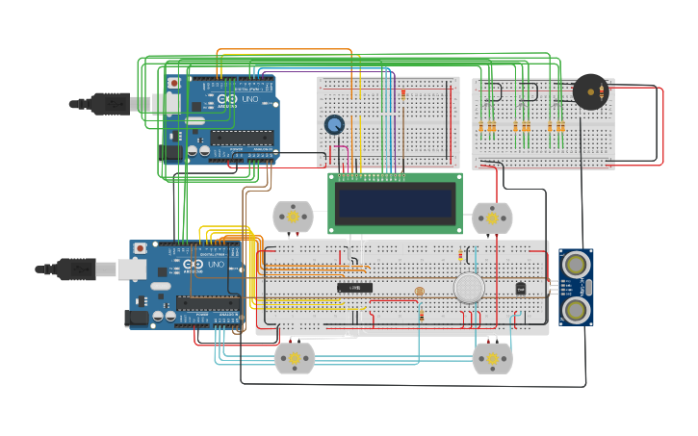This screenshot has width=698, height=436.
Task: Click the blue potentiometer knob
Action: (x=334, y=124)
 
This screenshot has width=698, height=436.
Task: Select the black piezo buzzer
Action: (x=589, y=91)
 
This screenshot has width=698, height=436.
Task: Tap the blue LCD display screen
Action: (x=395, y=203)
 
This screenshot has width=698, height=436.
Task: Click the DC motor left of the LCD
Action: (x=293, y=218)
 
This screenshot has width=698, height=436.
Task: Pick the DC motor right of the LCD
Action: (x=492, y=218)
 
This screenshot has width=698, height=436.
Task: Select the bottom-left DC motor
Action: (x=295, y=358)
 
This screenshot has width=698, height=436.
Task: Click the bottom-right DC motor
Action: (x=492, y=358)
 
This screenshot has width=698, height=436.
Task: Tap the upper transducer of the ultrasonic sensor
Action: (x=577, y=263)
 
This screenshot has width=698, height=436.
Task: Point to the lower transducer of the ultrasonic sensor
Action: (x=577, y=309)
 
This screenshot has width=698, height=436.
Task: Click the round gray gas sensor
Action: (x=469, y=288)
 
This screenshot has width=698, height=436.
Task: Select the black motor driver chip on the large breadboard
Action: (x=354, y=287)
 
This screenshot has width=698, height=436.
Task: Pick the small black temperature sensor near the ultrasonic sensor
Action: (x=521, y=288)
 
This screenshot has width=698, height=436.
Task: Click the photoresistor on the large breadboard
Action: (x=419, y=291)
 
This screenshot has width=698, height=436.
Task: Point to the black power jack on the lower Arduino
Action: (x=138, y=317)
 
